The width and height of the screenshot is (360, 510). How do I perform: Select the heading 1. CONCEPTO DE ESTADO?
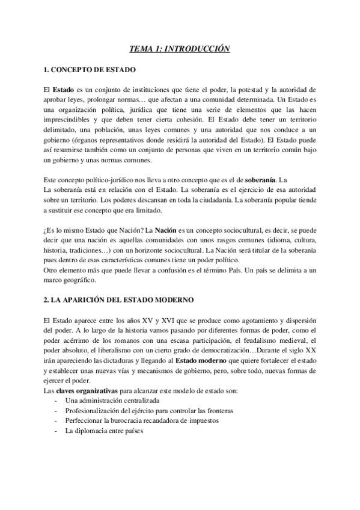tap(90, 70)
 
